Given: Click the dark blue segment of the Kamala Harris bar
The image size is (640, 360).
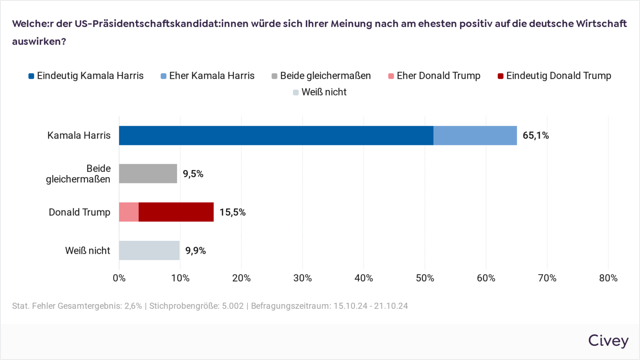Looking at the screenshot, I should click(276, 135).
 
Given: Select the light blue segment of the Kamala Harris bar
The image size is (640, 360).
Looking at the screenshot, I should click(475, 135).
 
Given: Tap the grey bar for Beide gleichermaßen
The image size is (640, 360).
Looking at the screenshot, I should click(148, 174).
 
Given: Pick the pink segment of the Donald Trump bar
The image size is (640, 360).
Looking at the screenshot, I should click(129, 212).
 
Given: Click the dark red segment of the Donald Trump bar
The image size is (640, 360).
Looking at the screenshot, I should click(176, 212).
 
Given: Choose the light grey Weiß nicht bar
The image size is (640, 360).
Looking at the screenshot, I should click(149, 250).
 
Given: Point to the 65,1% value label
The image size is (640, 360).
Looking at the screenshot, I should click(535, 135).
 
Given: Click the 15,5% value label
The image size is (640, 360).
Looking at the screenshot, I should click(232, 212).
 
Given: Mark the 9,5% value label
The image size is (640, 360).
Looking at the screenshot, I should click(193, 174).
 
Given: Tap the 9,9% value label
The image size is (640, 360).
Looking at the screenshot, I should click(195, 250).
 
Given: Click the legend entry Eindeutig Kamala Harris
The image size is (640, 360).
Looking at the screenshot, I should click(86, 76).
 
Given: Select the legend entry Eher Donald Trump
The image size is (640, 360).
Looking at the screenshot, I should click(434, 76).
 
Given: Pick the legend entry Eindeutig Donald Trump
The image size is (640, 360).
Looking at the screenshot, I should click(554, 76).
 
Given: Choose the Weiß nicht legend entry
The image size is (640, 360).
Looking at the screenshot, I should click(320, 92).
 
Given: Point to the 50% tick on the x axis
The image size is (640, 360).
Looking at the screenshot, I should click(425, 278).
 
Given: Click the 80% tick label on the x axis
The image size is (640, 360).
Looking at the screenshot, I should click(608, 278).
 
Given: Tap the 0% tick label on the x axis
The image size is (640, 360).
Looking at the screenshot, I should click(119, 278).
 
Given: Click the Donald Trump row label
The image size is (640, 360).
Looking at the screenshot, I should click(80, 212).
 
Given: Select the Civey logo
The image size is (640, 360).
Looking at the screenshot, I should click(608, 341).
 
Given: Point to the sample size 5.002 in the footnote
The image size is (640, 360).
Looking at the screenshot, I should click(232, 306).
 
